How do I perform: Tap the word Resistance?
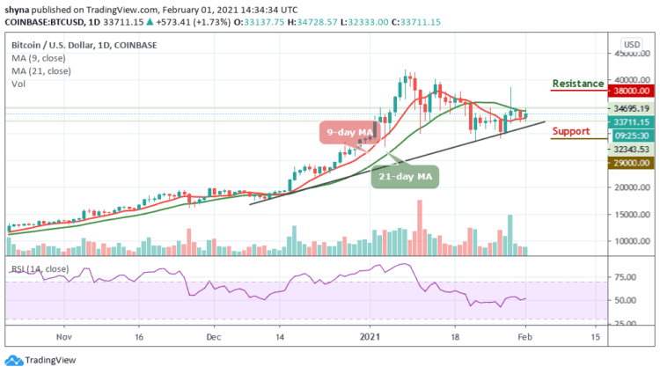coord(577,84)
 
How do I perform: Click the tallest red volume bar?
coord(418,227)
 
